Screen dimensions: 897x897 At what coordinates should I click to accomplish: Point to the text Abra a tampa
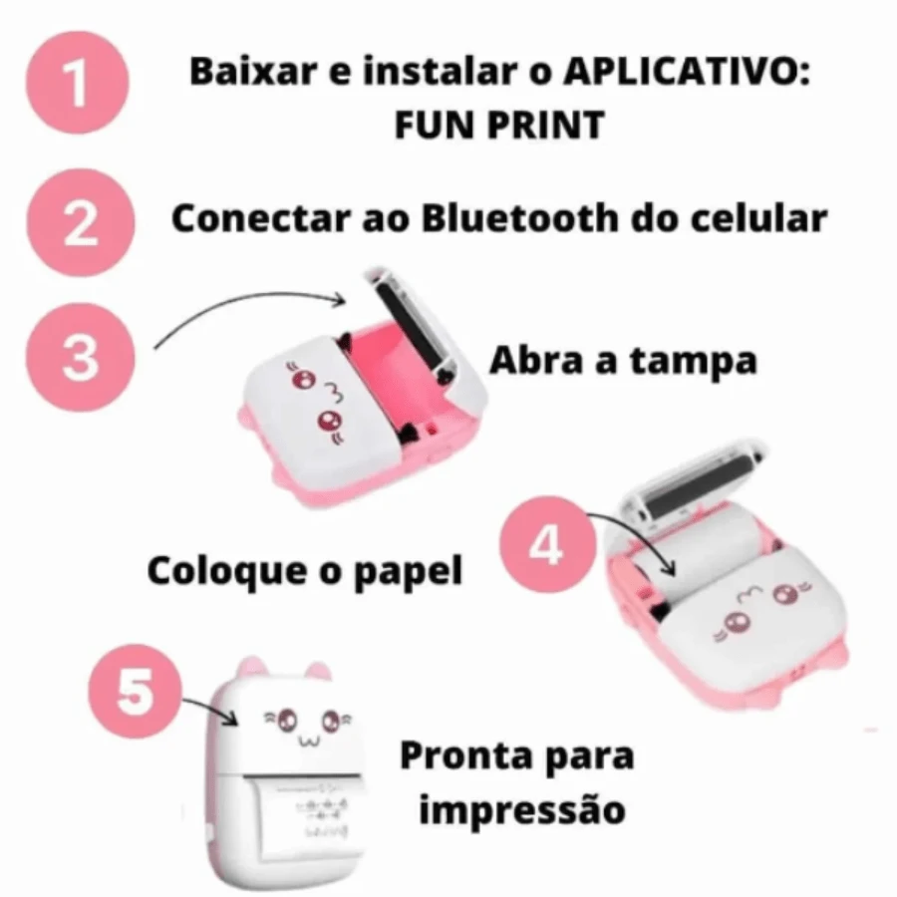[x=622, y=361]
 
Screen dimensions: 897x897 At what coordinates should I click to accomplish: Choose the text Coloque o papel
[x=305, y=571]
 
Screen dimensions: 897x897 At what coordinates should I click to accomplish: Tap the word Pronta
[x=463, y=755]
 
